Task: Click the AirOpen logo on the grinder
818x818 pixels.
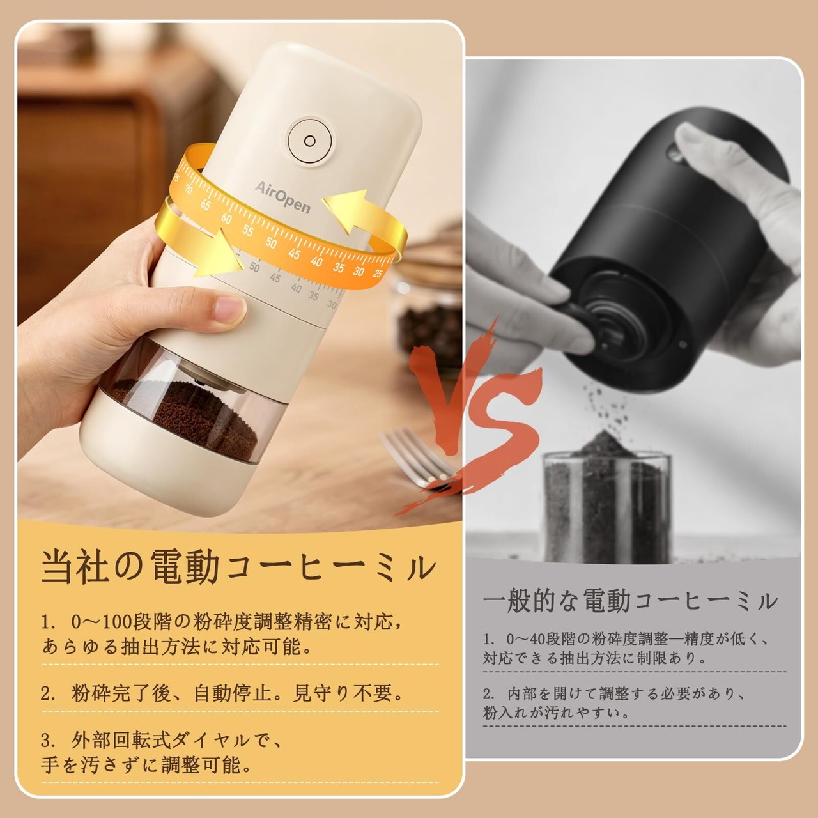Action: point(282,197)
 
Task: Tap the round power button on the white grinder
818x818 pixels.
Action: point(309,141)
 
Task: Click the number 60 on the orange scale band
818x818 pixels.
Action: point(226,219)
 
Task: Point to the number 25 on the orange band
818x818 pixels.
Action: point(378,273)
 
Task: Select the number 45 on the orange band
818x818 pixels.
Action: point(294,254)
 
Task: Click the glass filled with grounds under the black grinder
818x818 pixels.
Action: point(608,501)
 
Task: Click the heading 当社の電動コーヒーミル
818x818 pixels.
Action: point(239,567)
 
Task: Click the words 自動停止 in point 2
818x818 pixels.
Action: point(232,693)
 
